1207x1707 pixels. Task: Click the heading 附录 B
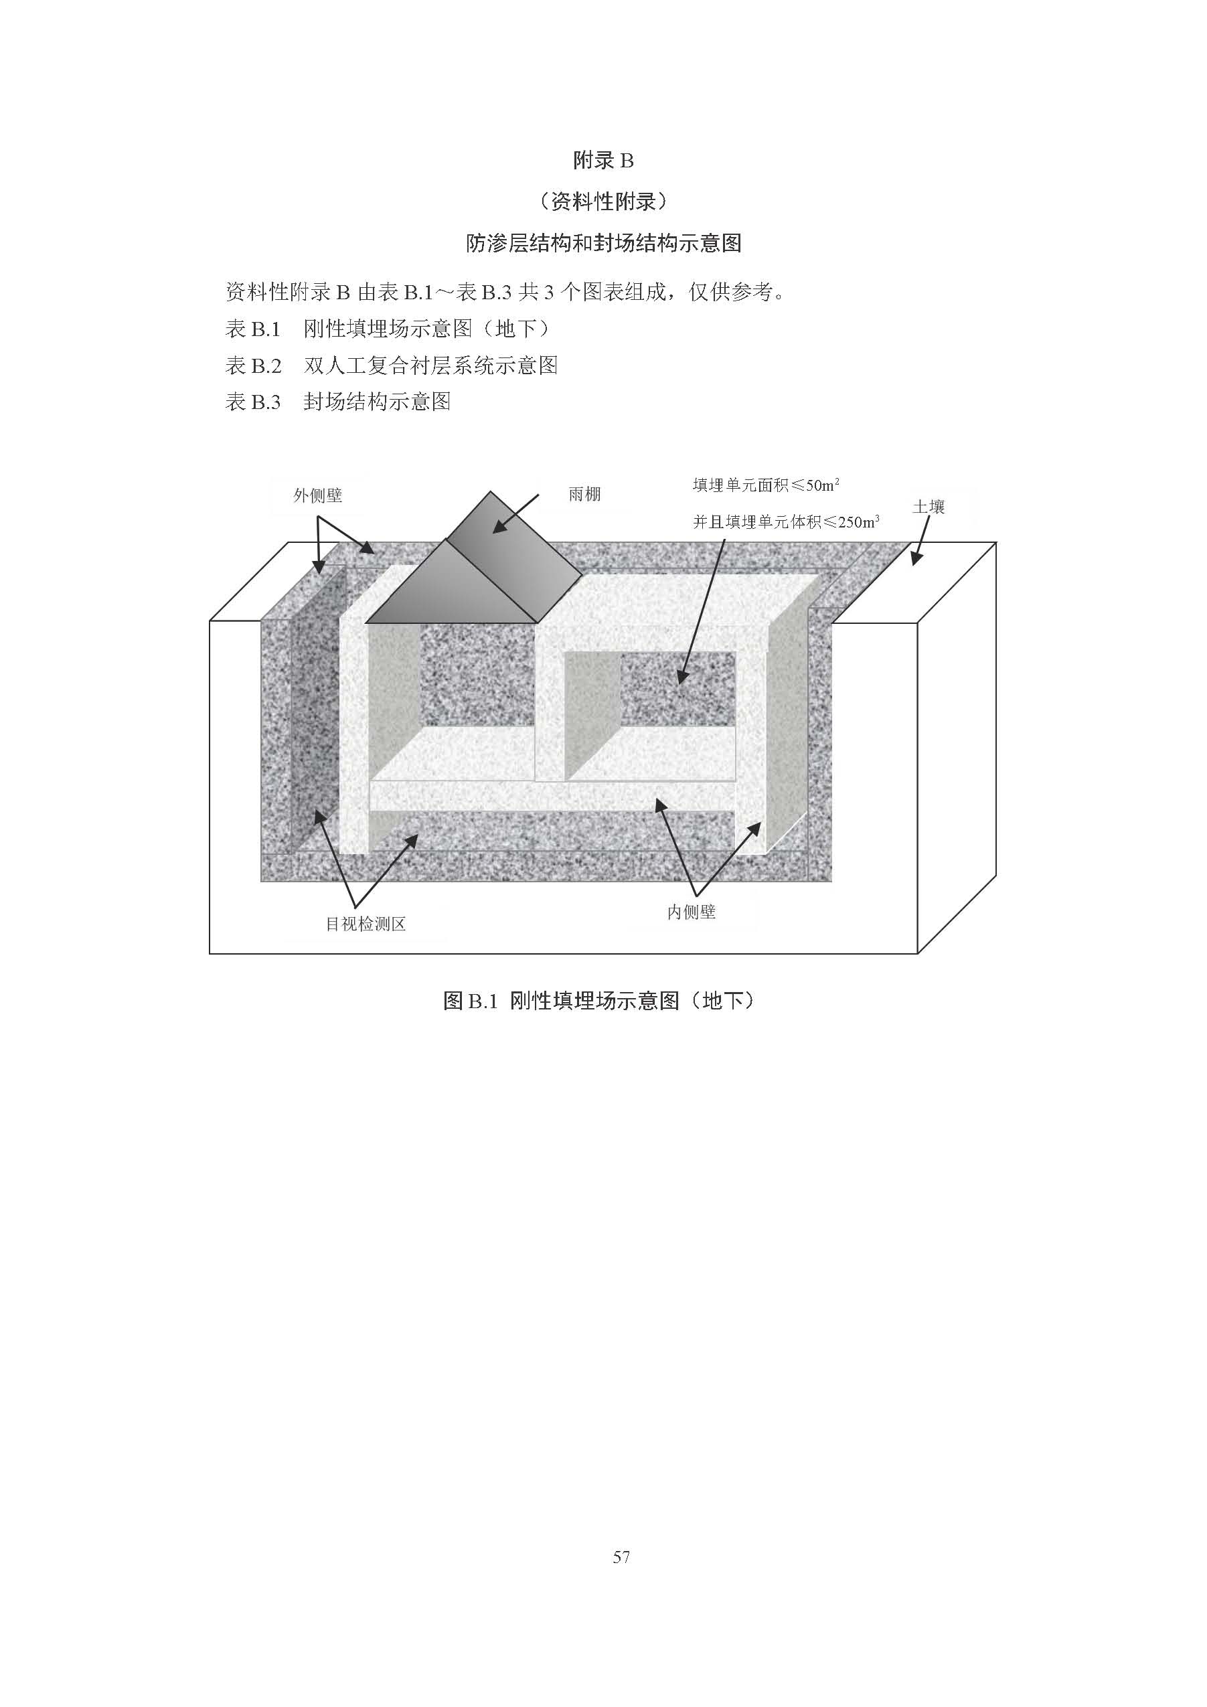point(603,160)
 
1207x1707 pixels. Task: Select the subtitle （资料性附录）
point(603,201)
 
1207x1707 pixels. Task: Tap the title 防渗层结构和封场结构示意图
point(603,243)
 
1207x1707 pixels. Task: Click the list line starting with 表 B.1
point(388,329)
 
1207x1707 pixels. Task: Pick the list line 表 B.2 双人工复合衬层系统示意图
point(392,365)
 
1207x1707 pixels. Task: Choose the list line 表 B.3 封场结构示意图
point(338,402)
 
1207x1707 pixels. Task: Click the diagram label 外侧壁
point(317,495)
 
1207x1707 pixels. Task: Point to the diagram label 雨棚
point(584,495)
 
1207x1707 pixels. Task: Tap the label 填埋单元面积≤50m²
point(766,485)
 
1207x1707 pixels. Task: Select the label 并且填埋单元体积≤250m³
point(786,522)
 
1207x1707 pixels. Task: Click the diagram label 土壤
point(929,507)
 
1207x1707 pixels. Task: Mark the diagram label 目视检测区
point(366,924)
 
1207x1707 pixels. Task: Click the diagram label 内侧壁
point(692,912)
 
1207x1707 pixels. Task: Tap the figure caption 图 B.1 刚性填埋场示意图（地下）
point(599,1001)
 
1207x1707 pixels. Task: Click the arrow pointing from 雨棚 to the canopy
point(516,513)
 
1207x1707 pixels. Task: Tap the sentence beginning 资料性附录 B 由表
point(505,292)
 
